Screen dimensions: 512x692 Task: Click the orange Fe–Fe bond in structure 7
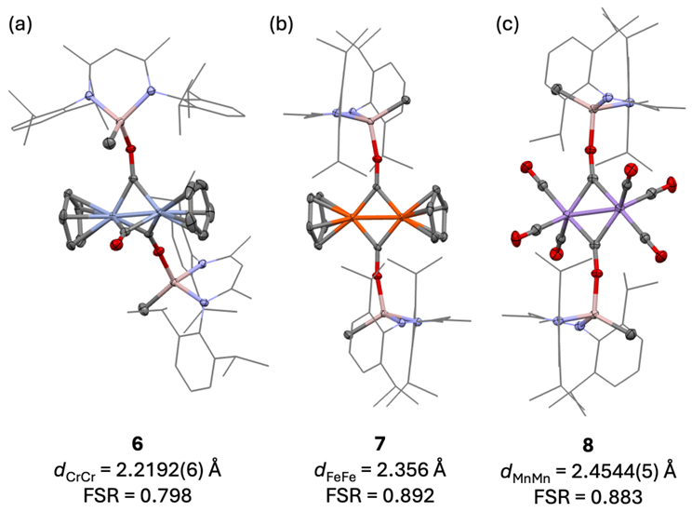point(378,220)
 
